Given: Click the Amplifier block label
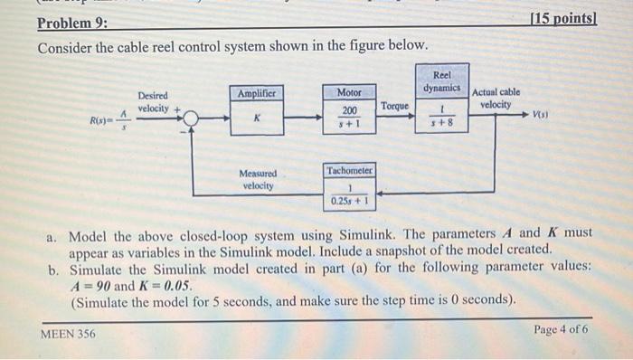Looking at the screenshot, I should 258,93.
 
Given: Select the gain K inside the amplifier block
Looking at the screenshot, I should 258,118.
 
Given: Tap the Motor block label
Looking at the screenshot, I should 349,92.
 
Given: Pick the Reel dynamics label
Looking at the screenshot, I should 442,81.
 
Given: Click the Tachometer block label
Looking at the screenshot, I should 349,170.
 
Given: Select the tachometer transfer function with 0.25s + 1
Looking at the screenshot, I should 349,194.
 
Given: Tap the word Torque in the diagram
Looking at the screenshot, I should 394,106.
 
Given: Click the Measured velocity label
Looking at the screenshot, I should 258,179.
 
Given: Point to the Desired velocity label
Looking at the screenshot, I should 153,102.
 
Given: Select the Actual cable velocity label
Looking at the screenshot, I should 496,98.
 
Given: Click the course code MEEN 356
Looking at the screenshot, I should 68,335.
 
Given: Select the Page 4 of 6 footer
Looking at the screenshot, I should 561,329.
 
